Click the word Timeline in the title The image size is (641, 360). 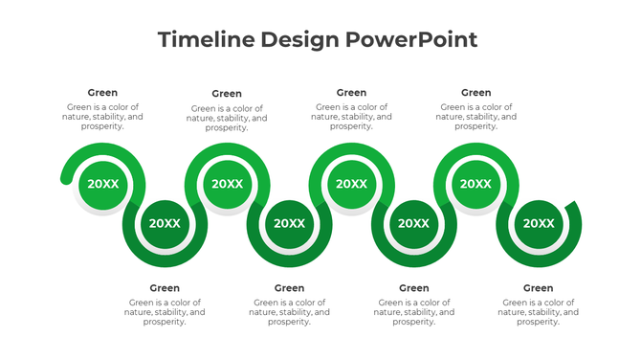pos(201,40)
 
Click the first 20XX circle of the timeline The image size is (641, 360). pos(102,184)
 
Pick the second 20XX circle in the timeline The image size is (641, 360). pos(165,223)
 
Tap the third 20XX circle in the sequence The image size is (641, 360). pos(227,184)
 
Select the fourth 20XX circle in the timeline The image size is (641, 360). pos(289,223)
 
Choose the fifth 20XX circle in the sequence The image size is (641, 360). pos(351,184)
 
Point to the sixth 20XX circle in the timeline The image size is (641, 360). pos(413,223)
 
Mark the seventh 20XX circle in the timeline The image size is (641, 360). pos(475,184)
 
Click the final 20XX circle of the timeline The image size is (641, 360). pos(538,223)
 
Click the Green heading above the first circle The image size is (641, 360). pos(102,93)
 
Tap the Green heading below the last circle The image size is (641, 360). pos(538,288)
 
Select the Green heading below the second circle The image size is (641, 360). pos(165,288)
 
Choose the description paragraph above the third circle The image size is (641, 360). pos(227,118)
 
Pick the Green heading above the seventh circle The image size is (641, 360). pos(475,93)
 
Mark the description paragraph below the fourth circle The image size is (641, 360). pos(289,312)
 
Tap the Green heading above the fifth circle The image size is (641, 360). pos(351,93)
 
